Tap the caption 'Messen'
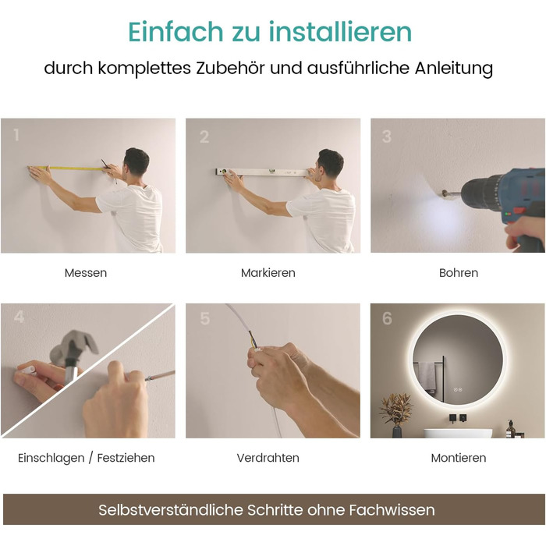(86, 273)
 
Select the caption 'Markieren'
(268, 273)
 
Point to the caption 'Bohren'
(459, 273)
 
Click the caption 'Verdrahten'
(268, 458)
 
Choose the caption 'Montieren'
(459, 458)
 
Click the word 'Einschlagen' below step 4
(51, 458)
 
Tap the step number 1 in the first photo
(16, 135)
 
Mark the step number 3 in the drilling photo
(387, 136)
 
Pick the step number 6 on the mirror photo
(387, 318)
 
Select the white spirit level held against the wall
(262, 172)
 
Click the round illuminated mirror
(458, 360)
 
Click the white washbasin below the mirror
(458, 433)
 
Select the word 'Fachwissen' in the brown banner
(392, 510)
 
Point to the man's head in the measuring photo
(136, 162)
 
